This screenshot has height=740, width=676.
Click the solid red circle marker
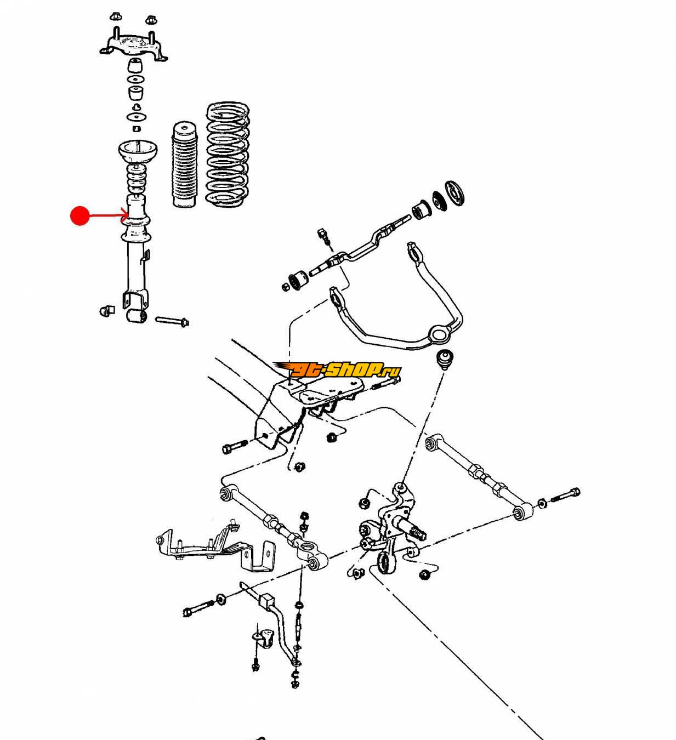pos(80,215)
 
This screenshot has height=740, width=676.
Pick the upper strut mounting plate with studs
pos(134,44)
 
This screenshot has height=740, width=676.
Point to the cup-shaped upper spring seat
pos(138,150)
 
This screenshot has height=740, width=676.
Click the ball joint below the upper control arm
pos(444,359)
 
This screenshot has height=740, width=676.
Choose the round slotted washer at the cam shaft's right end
pos(455,192)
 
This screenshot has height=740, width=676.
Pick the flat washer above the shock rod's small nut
pos(136,118)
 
